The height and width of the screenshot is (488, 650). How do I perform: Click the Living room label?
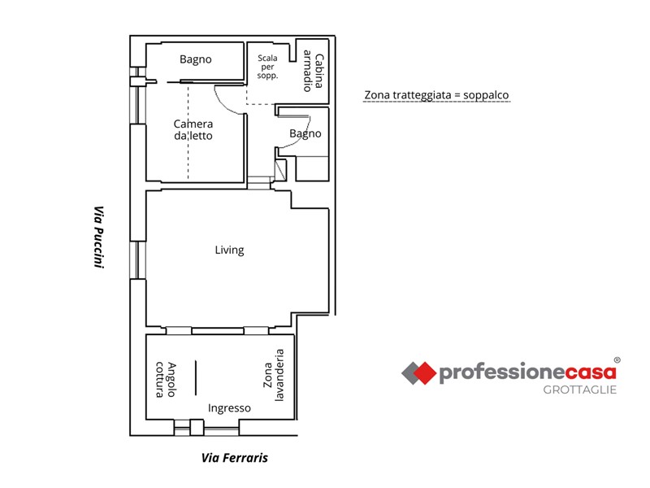click(x=229, y=250)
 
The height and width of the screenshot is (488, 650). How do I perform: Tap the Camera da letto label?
click(x=193, y=130)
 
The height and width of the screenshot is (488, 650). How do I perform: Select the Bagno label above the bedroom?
click(x=196, y=59)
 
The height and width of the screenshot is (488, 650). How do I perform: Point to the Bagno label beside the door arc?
click(x=305, y=133)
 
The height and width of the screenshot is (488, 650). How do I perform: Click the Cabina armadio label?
click(x=313, y=71)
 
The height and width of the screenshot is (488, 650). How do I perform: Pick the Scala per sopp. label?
click(x=267, y=67)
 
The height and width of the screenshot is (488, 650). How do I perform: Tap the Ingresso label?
click(x=229, y=408)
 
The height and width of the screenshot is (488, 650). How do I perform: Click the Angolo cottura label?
click(x=166, y=380)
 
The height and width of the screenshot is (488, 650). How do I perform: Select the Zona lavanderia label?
click(x=274, y=375)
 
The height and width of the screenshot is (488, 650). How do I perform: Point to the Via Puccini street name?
click(x=98, y=237)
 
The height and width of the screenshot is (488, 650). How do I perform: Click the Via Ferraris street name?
click(x=235, y=458)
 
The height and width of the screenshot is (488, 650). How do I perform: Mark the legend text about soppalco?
click(x=436, y=95)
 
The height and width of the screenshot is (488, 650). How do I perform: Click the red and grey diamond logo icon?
click(x=418, y=373)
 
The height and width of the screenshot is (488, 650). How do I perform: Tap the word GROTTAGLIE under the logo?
click(x=580, y=390)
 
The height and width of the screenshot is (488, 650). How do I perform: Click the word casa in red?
click(x=591, y=373)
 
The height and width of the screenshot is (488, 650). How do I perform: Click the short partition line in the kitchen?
click(x=196, y=377)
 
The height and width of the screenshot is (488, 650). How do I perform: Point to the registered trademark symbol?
click(x=617, y=360)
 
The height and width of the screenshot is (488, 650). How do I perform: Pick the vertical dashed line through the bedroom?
click(x=188, y=132)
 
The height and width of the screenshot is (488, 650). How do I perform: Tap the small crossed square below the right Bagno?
click(x=280, y=170)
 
